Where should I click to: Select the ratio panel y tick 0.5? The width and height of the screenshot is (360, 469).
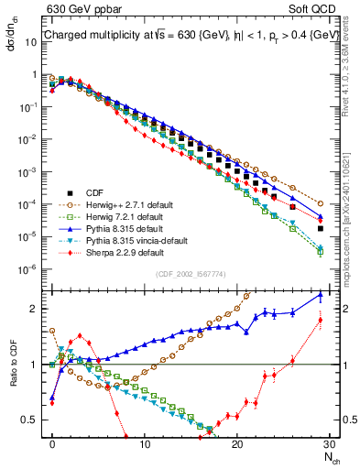click(x=35, y=420)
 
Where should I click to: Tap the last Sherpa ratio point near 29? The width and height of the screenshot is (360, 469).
click(x=321, y=320)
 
